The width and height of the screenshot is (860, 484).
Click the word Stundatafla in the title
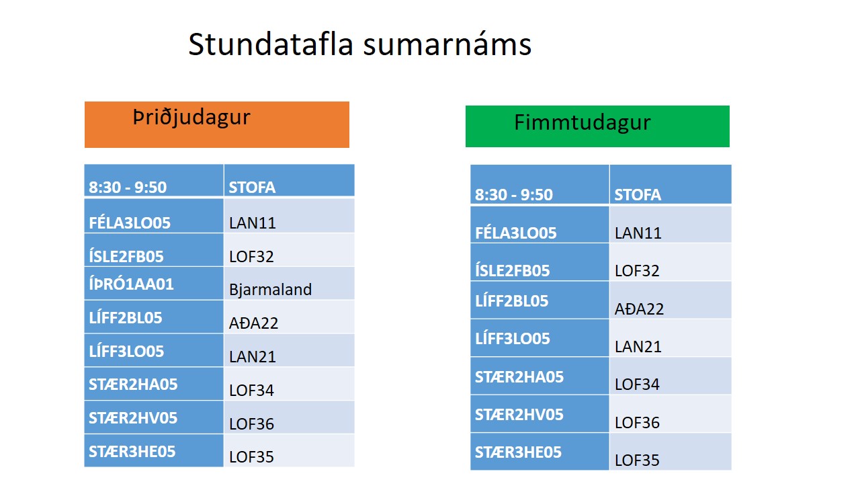(271, 44)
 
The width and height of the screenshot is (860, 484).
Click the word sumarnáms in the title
(447, 45)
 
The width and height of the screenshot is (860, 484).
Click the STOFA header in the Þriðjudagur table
(252, 188)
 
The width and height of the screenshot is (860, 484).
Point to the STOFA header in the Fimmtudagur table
(638, 195)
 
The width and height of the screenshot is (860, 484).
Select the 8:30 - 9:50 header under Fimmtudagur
(514, 195)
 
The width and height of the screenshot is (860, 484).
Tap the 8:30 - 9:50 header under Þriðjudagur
(128, 188)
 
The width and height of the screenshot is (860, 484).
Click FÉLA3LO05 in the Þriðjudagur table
(130, 223)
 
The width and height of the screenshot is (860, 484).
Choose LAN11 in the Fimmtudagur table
(638, 233)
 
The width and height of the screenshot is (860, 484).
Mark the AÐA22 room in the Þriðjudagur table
(253, 323)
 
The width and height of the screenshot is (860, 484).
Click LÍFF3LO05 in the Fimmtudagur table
(513, 339)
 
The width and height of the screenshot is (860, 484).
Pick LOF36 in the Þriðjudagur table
(251, 424)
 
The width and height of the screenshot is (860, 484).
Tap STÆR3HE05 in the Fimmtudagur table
(518, 452)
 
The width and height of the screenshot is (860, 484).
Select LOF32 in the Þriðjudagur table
(251, 257)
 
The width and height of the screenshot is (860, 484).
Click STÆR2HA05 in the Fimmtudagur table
(519, 377)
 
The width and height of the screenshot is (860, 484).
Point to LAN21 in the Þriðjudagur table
(253, 357)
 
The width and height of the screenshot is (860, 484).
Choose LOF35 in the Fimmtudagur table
(638, 460)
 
